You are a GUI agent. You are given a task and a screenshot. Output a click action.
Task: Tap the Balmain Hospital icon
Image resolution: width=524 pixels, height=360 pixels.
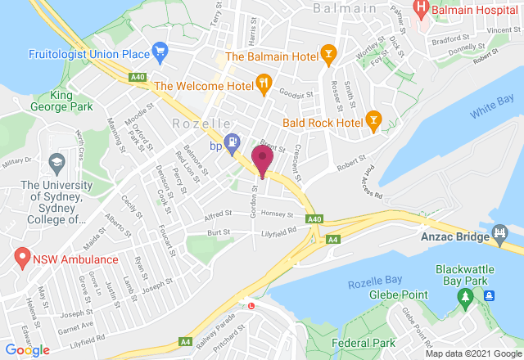tap(421, 11)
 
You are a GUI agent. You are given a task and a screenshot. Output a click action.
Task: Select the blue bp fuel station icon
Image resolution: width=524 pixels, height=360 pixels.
tap(233, 142)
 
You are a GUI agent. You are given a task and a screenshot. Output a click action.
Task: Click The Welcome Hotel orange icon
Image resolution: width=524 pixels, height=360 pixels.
tap(264, 83)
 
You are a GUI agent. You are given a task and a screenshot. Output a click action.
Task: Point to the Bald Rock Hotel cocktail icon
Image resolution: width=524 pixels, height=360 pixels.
tap(373, 120)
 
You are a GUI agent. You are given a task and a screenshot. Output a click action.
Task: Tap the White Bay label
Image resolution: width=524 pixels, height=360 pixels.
tap(491, 107)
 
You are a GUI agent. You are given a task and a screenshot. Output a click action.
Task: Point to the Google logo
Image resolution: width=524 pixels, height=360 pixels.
tap(27, 350)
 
